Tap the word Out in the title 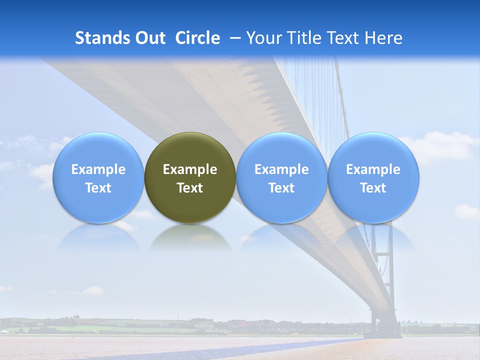click(149, 38)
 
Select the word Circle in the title click(197, 38)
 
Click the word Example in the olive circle click(190, 169)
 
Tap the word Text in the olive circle click(190, 188)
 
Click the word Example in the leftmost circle click(98, 169)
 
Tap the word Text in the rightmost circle click(373, 188)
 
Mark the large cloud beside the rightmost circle click(442, 145)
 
